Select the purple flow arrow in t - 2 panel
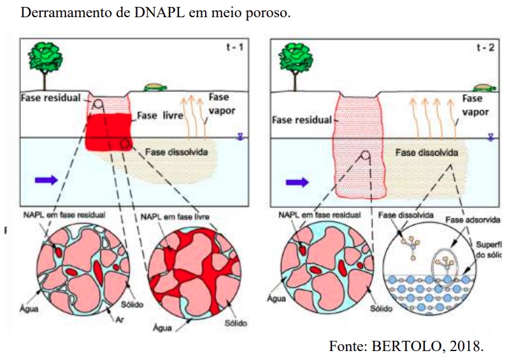click(x=296, y=182)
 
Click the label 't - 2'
click(x=486, y=49)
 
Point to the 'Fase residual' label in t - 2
click(x=302, y=120)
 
